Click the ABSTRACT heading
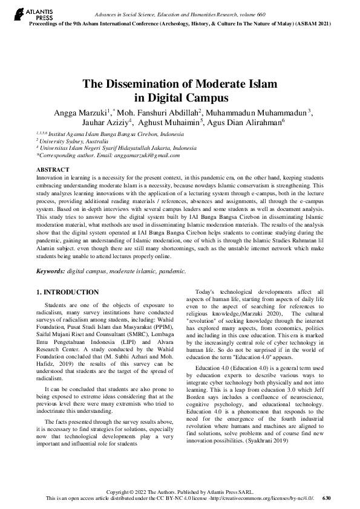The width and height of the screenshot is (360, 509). click(53, 170)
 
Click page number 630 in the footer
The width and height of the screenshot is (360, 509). click(327, 498)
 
